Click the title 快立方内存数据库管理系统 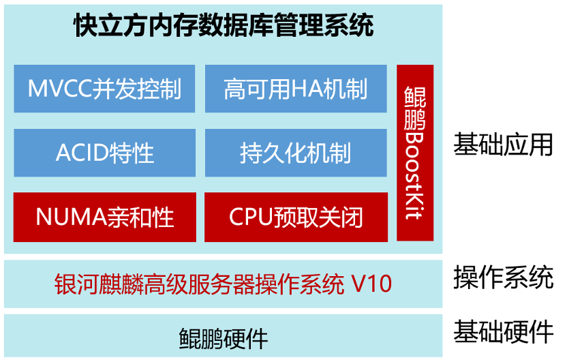(x=224, y=27)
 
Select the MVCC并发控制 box (x=104, y=89)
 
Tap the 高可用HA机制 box (x=296, y=89)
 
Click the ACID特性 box (x=104, y=152)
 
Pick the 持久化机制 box (x=296, y=152)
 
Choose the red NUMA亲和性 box (x=104, y=217)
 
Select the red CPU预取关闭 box (x=296, y=217)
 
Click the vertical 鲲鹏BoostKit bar (x=414, y=153)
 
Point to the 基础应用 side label (x=503, y=145)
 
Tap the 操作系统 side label (x=503, y=277)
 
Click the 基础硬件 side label (x=503, y=332)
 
